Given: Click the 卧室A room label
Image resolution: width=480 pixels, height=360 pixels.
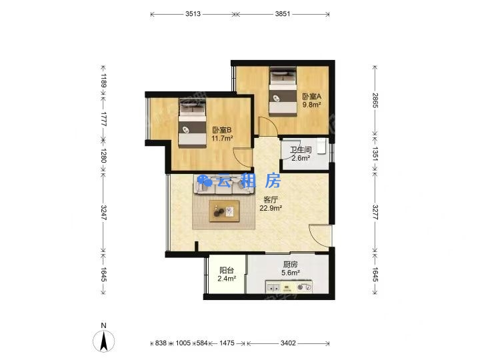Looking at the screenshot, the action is (x=311, y=97).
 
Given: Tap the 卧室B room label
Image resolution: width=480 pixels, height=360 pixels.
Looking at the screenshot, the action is (x=222, y=130).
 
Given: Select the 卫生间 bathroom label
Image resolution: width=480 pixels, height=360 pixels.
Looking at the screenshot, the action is (x=301, y=150).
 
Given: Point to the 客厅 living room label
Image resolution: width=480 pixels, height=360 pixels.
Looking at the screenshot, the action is (x=271, y=200).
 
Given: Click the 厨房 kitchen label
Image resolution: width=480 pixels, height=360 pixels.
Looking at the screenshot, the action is (x=290, y=264).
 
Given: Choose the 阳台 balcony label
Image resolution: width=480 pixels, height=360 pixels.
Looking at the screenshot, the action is (x=227, y=270).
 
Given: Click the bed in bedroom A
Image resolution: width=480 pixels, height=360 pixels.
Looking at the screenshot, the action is (x=283, y=91).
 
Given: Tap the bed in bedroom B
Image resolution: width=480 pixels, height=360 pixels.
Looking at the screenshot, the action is (x=192, y=123).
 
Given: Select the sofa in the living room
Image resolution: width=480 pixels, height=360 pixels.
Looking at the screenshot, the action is (x=224, y=184).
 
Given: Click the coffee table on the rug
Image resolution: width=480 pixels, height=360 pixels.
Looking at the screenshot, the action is (x=225, y=211).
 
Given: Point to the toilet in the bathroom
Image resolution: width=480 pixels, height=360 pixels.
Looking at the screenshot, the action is (x=321, y=146).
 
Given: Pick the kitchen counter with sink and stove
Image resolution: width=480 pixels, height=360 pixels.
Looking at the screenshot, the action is (x=289, y=287).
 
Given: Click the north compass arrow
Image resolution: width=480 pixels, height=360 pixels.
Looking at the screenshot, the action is (x=104, y=341).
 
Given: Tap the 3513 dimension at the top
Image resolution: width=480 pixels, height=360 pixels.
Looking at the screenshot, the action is (x=193, y=14).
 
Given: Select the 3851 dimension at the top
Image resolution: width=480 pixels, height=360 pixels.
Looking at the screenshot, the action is (x=282, y=14).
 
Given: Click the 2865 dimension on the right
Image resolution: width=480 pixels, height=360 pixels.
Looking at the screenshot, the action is (x=375, y=100).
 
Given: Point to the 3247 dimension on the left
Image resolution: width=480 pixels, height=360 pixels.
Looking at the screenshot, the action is (x=103, y=213).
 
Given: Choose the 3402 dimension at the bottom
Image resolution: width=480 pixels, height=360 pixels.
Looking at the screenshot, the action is (x=288, y=343).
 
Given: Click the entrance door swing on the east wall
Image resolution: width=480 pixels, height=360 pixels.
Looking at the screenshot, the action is (x=320, y=236).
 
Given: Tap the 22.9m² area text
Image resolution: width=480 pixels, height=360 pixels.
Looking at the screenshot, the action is (x=271, y=208).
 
